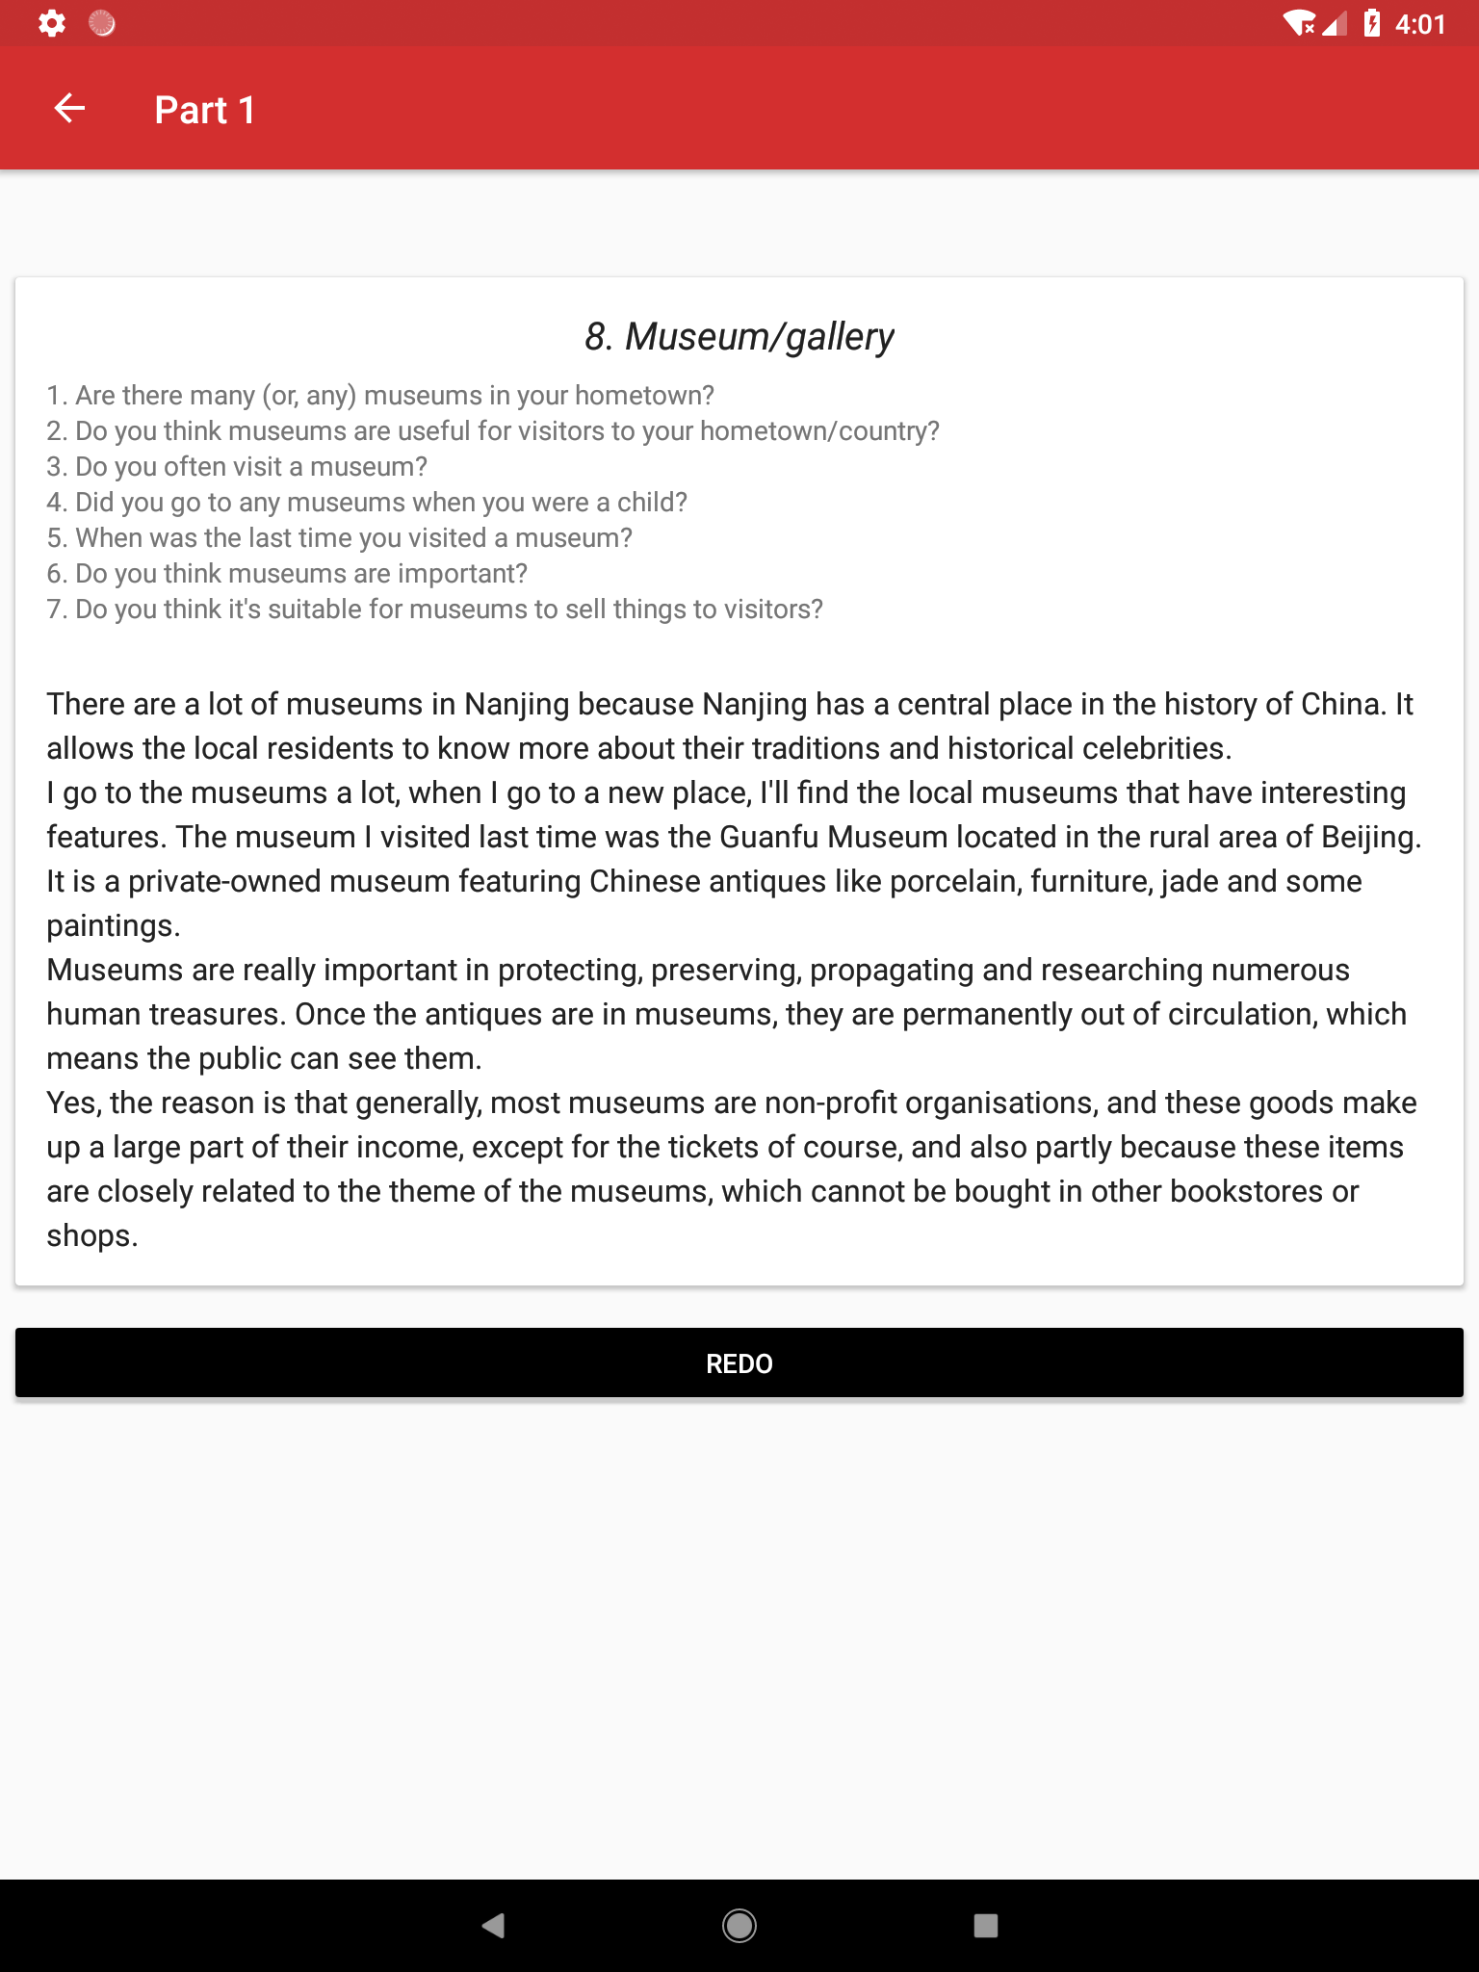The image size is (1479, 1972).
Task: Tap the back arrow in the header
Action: [x=69, y=109]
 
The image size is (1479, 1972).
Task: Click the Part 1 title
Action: [x=205, y=111]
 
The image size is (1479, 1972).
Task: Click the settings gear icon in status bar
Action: [x=51, y=23]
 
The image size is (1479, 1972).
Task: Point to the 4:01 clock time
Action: [x=1419, y=24]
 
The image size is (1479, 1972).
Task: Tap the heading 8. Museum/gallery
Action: [x=739, y=337]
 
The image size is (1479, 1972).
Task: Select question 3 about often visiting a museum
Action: [x=237, y=467]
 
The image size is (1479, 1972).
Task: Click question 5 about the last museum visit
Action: [x=340, y=538]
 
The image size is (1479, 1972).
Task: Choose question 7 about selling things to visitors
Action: [x=435, y=610]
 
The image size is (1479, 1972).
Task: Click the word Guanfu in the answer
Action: [x=768, y=837]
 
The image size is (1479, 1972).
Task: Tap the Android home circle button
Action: [x=739, y=1925]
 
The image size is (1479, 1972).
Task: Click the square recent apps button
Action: [x=985, y=1925]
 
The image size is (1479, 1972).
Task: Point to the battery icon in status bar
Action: [x=1372, y=23]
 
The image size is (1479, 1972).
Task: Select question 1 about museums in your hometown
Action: [x=380, y=396]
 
